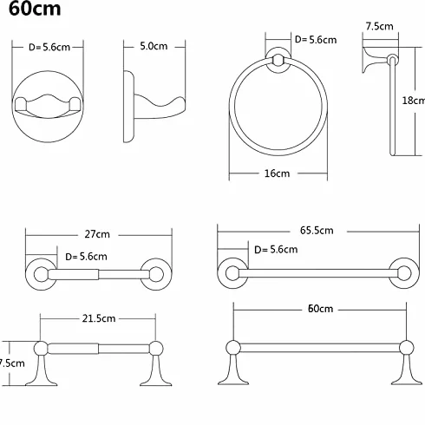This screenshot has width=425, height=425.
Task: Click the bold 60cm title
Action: (35, 9)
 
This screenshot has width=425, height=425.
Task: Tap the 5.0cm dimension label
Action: (154, 46)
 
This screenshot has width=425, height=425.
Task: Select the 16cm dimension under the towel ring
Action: (277, 173)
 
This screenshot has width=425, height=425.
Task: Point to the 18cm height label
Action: (414, 101)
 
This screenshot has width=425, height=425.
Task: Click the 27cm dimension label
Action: (97, 234)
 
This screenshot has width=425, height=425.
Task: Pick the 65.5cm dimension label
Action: (317, 231)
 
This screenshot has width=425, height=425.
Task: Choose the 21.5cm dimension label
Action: (99, 318)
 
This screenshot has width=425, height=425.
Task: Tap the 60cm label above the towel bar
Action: (320, 309)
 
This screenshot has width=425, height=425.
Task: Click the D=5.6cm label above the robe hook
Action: (49, 47)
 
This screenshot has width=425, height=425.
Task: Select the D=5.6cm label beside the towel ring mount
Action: (316, 40)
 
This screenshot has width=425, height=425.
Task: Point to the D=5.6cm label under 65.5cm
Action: (276, 249)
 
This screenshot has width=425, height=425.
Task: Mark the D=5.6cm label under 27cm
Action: (86, 257)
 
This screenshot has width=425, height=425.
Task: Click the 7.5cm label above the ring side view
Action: (379, 26)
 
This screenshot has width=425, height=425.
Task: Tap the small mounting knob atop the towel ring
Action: (278, 60)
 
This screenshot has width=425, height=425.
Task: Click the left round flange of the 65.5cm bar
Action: (232, 273)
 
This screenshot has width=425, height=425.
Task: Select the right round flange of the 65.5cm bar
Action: (404, 273)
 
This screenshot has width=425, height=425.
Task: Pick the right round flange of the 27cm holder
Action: (156, 274)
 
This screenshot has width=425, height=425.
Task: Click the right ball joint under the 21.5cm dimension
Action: (156, 348)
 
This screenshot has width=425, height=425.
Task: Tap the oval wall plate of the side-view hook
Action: (128, 107)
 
